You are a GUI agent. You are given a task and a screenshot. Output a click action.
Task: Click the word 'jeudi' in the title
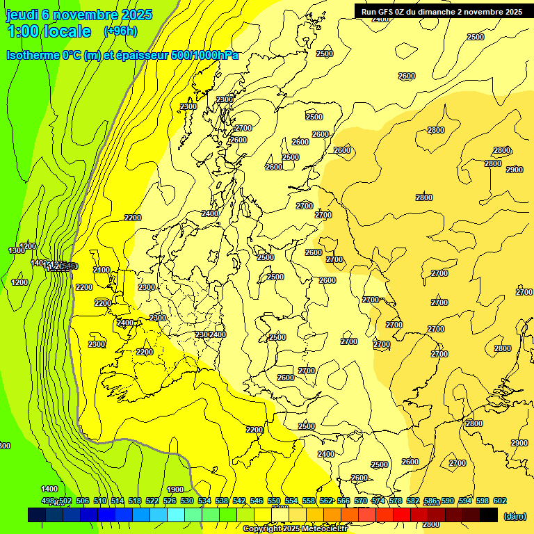coord(22,15)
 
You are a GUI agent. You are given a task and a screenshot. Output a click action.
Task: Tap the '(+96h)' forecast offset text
coord(120,31)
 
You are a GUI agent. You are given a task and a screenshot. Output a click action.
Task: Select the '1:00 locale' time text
coord(49,31)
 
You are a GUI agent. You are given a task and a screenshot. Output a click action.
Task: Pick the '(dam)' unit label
coord(514,515)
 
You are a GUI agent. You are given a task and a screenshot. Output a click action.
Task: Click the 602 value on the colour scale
coord(499,501)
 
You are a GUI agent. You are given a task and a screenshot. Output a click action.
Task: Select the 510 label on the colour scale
coord(100,501)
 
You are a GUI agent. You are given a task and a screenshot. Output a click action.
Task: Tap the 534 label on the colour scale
coord(204,501)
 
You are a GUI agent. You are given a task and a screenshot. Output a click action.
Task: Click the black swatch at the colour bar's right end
coord(489,515)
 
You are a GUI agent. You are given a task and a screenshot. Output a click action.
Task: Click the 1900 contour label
coord(175,489)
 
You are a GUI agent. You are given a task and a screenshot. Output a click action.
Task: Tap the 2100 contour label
coord(102,270)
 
